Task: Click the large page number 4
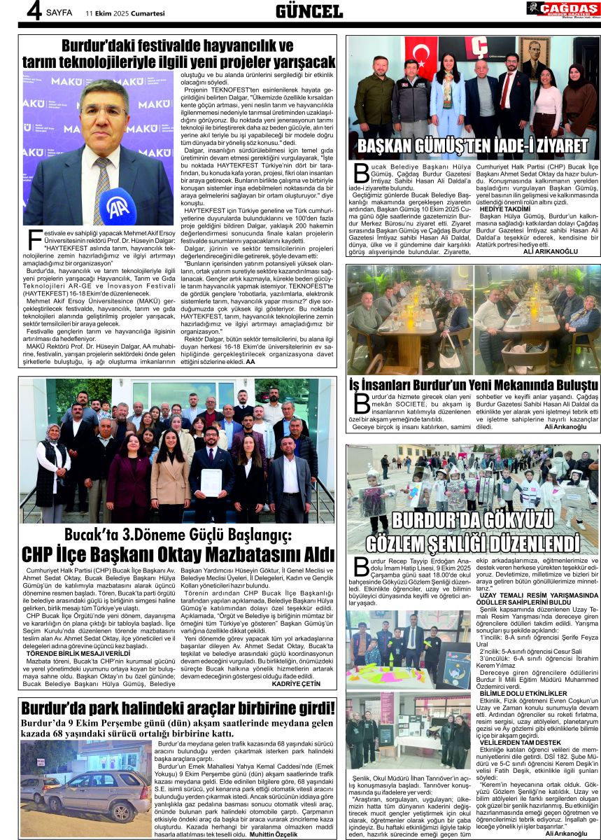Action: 31,10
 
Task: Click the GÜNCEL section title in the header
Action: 309,10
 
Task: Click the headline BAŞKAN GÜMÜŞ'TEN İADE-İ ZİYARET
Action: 472,146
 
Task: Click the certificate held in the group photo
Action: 211,482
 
